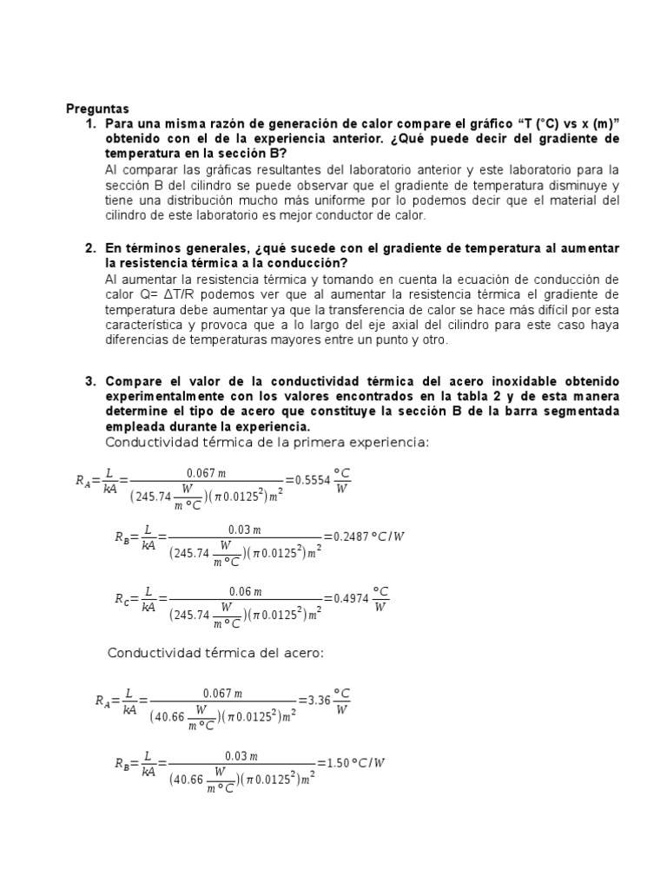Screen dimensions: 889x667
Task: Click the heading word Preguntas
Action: [97, 109]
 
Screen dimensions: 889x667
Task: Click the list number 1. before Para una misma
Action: [90, 123]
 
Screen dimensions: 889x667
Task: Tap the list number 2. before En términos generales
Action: [90, 248]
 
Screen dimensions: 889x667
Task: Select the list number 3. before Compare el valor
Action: [90, 381]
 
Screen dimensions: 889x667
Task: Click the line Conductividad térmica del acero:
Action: [215, 653]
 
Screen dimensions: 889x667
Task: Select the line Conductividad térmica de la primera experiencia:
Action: [267, 443]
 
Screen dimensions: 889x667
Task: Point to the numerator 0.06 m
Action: [245, 591]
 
